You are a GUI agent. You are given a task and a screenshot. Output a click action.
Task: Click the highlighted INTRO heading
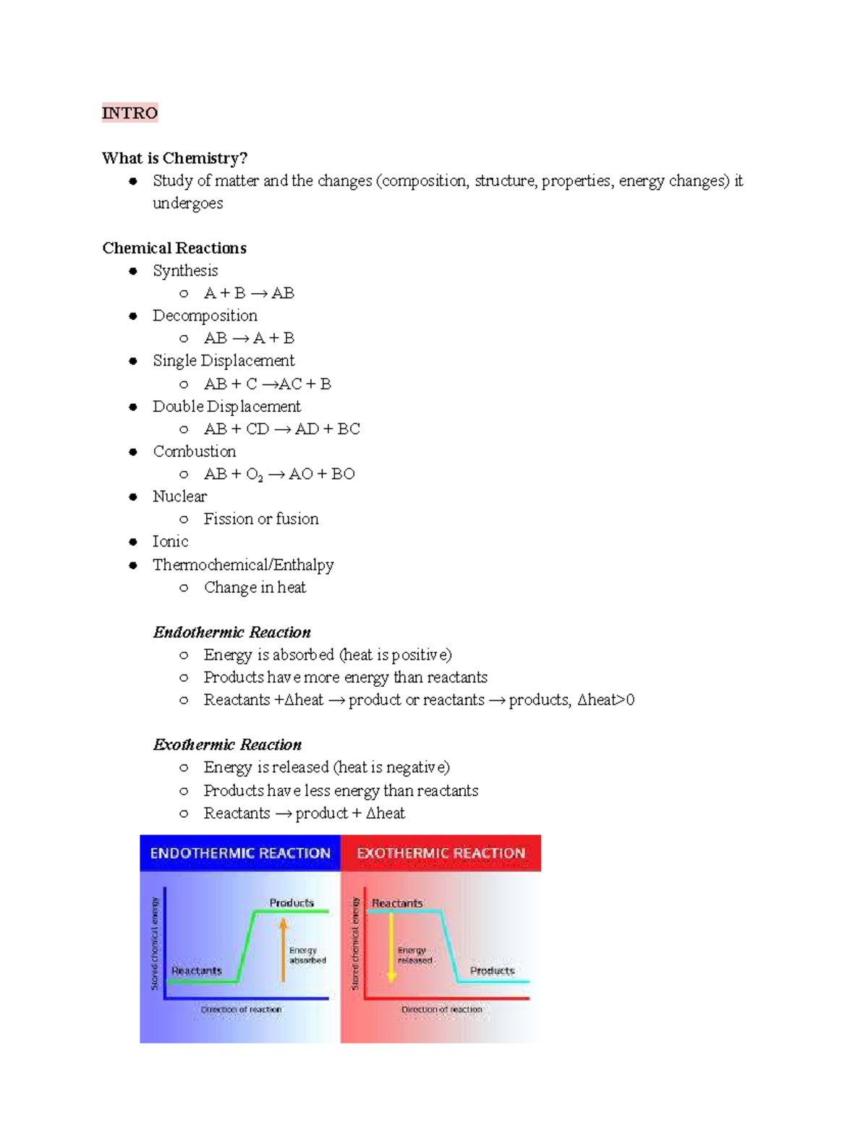point(129,113)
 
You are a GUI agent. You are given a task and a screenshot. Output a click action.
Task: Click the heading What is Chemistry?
point(174,158)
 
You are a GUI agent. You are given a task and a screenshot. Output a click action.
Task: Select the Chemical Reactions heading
point(174,248)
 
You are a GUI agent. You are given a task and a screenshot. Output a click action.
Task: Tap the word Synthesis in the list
point(185,271)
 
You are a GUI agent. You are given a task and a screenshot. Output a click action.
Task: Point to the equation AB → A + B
point(249,338)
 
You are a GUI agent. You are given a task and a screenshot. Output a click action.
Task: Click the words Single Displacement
point(224,360)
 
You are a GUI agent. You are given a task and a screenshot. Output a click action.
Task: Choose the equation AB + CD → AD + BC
point(281,429)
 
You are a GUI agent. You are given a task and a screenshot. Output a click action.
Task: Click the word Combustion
point(194,452)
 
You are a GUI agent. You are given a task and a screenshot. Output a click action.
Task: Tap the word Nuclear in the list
point(179,496)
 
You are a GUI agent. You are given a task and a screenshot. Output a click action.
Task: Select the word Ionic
point(170,541)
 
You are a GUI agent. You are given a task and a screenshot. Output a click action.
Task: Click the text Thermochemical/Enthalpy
point(243,565)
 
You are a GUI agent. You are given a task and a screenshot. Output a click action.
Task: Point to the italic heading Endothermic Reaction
point(231,633)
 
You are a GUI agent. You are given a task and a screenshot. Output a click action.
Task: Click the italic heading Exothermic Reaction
point(227,745)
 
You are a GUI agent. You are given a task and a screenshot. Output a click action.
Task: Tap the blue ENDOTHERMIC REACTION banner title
point(240,853)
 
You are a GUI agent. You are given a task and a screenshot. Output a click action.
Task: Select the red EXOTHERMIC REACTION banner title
point(441,853)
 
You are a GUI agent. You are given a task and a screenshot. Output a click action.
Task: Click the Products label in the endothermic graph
point(292,903)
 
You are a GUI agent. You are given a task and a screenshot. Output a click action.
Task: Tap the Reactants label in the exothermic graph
point(397,903)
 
